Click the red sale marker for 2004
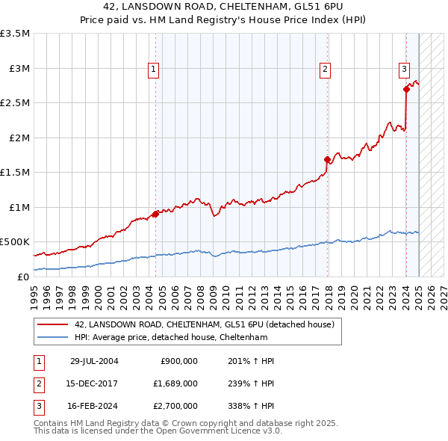pos(155,214)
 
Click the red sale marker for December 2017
pos(327,159)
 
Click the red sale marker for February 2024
pos(406,89)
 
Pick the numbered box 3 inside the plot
pos(404,70)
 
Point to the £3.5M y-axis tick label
pos(15,34)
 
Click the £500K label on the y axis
pos(15,242)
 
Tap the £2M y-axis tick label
pos(19,138)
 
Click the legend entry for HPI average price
pos(170,337)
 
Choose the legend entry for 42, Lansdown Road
pos(208,324)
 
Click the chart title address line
pos(224,7)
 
